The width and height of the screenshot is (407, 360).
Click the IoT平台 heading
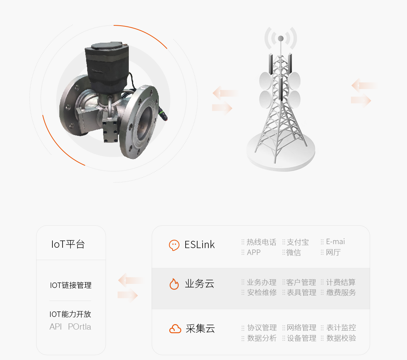[x=68, y=244]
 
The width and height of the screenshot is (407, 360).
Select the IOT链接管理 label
[x=71, y=285]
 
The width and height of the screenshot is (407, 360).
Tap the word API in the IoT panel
[x=56, y=326]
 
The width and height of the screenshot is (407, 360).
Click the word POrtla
[x=80, y=326]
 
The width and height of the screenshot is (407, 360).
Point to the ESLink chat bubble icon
[x=174, y=245]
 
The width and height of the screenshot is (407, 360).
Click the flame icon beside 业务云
[x=174, y=284]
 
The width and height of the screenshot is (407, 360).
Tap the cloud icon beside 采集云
[x=175, y=329]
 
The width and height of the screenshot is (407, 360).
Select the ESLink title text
[x=200, y=244]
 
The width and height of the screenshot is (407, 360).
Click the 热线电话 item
[x=261, y=242]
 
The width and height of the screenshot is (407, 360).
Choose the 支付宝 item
[x=298, y=242]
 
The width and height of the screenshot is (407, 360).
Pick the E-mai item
[x=335, y=242]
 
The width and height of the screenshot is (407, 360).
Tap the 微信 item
[x=293, y=252]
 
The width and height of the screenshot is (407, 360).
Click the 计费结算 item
[x=341, y=282]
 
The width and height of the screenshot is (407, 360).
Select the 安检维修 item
[x=262, y=292]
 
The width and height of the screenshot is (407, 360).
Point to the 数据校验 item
[x=341, y=338]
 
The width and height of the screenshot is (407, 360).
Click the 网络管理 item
[x=301, y=327]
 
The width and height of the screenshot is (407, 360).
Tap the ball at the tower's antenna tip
[x=281, y=38]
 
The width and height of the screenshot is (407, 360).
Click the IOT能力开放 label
[x=70, y=314]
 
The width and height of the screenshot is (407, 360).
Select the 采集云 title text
[x=200, y=329]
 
